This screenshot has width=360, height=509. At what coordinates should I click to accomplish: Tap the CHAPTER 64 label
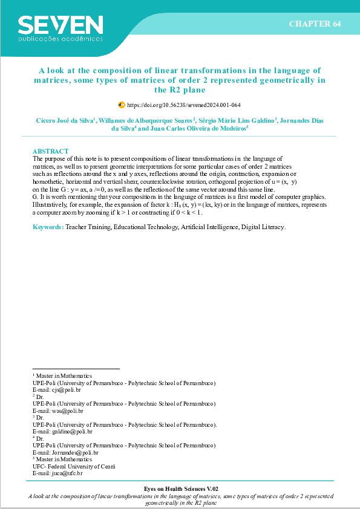point(315,24)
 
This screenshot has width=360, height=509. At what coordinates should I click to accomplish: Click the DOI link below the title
point(184,105)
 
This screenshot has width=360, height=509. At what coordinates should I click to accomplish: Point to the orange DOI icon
point(122,105)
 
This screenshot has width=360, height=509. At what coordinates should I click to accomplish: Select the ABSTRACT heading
point(50,151)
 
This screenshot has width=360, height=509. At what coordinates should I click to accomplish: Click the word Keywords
point(47,227)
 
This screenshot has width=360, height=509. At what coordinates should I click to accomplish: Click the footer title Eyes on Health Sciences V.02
point(180,488)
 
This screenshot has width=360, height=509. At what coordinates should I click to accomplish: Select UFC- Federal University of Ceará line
point(73,466)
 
